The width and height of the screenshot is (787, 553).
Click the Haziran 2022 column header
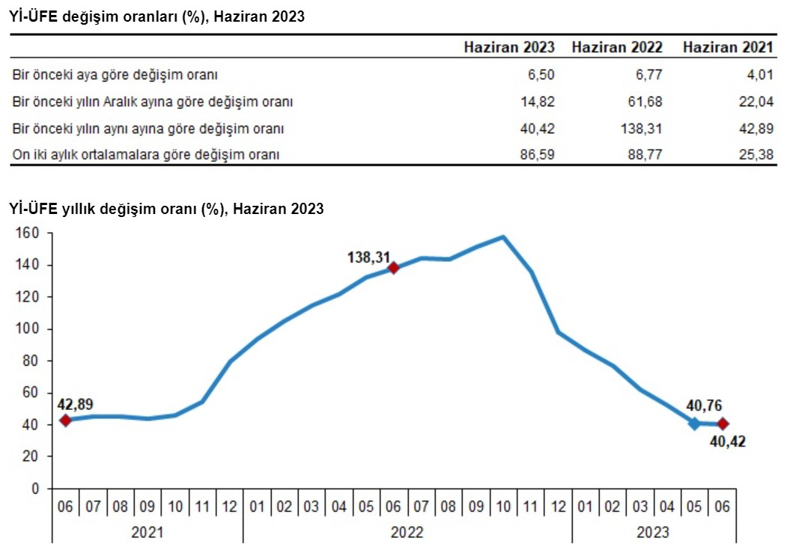click(616, 47)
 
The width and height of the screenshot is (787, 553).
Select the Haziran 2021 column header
click(727, 47)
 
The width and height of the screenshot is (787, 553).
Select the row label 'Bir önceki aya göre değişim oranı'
click(115, 75)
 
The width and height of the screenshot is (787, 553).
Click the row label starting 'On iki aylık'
click(145, 156)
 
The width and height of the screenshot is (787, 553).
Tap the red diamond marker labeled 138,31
click(394, 268)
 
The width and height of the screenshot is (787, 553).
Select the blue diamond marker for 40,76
click(695, 424)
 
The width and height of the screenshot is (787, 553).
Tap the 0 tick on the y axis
click(35, 489)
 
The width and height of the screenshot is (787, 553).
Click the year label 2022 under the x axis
click(407, 533)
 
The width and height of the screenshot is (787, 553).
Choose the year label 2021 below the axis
click(147, 533)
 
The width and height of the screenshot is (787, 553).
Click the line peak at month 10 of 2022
click(503, 237)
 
